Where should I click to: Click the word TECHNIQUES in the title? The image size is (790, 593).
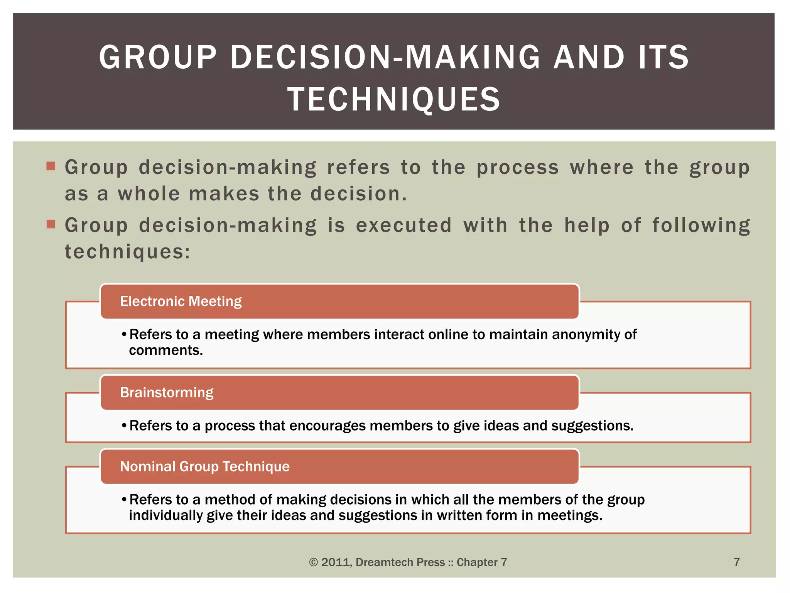394,99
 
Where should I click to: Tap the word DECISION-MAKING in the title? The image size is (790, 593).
385,57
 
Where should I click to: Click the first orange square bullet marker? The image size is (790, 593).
51,166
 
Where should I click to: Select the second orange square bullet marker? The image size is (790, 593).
51,224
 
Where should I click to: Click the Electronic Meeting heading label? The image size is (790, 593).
181,302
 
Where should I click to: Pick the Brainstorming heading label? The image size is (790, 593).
167,393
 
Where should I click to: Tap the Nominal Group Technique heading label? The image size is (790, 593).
205,467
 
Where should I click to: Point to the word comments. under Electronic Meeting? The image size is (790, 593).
166,351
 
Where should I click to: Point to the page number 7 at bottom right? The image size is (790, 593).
736,562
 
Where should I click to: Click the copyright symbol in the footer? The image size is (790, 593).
313,563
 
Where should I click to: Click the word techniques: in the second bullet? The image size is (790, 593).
128,252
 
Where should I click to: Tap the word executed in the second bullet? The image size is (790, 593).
403,225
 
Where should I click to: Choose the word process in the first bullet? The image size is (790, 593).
518,168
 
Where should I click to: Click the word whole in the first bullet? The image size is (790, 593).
149,194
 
